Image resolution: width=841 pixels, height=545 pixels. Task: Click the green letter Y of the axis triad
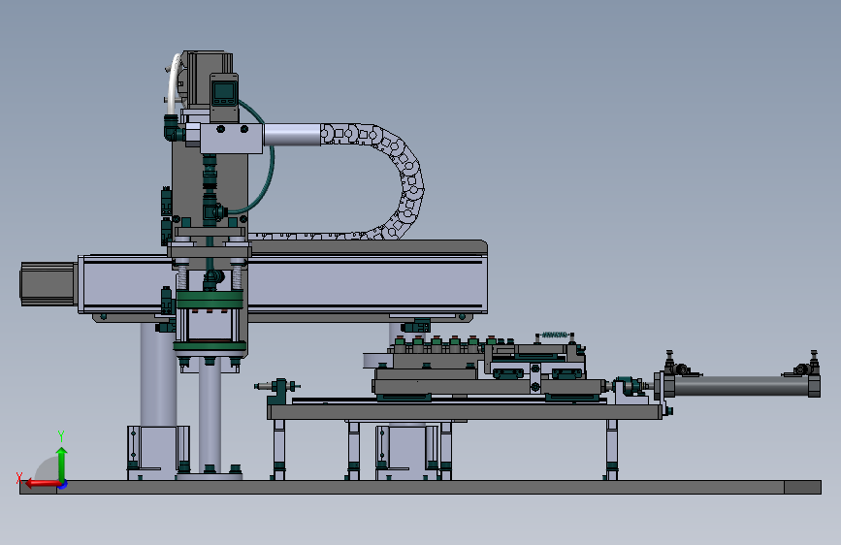click(x=61, y=435)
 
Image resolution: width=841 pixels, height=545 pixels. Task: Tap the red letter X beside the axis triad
click(x=19, y=477)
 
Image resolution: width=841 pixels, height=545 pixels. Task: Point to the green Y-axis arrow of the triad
click(x=62, y=465)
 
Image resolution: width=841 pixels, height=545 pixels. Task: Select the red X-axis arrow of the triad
click(x=44, y=484)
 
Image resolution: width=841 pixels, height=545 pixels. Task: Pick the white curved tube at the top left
click(x=173, y=83)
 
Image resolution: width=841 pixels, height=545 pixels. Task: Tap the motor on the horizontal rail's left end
click(x=49, y=284)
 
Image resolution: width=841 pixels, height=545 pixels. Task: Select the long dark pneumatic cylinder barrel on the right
click(x=741, y=386)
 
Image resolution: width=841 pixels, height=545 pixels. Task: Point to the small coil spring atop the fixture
click(x=555, y=335)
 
